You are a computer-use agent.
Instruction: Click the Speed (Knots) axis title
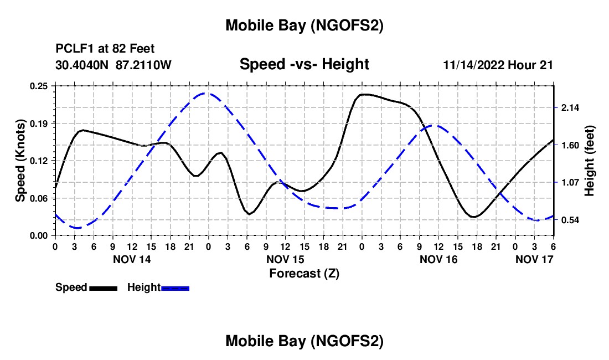pyautogui.click(x=20, y=161)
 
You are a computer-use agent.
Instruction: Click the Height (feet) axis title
pyautogui.click(x=589, y=161)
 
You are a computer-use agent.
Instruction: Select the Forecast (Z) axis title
pyautogui.click(x=304, y=273)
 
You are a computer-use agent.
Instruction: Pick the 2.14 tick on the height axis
pyautogui.click(x=570, y=107)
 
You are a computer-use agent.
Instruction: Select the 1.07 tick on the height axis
pyautogui.click(x=570, y=182)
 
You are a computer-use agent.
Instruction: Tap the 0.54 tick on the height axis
pyautogui.click(x=570, y=220)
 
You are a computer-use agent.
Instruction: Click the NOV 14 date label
pyautogui.click(x=132, y=259)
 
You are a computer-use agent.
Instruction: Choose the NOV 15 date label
pyautogui.click(x=285, y=259)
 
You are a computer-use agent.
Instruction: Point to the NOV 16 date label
pyautogui.click(x=438, y=259)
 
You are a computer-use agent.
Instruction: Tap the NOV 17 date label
pyautogui.click(x=534, y=259)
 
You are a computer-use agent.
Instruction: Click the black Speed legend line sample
pyautogui.click(x=103, y=287)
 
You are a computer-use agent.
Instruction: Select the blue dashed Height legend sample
pyautogui.click(x=176, y=287)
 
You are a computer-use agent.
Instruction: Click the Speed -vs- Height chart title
pyautogui.click(x=304, y=64)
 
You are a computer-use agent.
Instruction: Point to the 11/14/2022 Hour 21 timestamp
pyautogui.click(x=498, y=65)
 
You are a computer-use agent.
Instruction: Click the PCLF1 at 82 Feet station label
pyautogui.click(x=105, y=49)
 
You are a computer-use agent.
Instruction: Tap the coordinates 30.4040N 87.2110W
pyautogui.click(x=113, y=65)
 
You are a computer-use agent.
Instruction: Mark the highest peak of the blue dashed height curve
pyautogui.click(x=206, y=93)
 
